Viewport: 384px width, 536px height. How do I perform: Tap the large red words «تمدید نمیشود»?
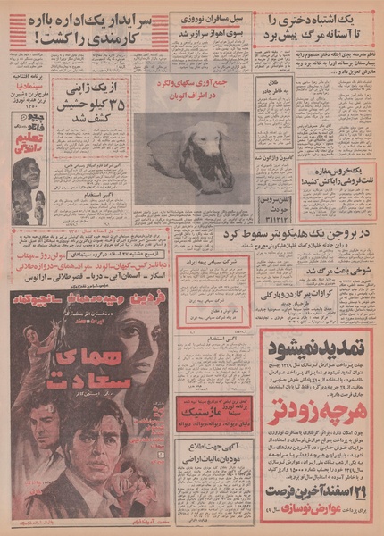point(316,344)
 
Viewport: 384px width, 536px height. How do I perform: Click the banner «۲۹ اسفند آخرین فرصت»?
point(316,496)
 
